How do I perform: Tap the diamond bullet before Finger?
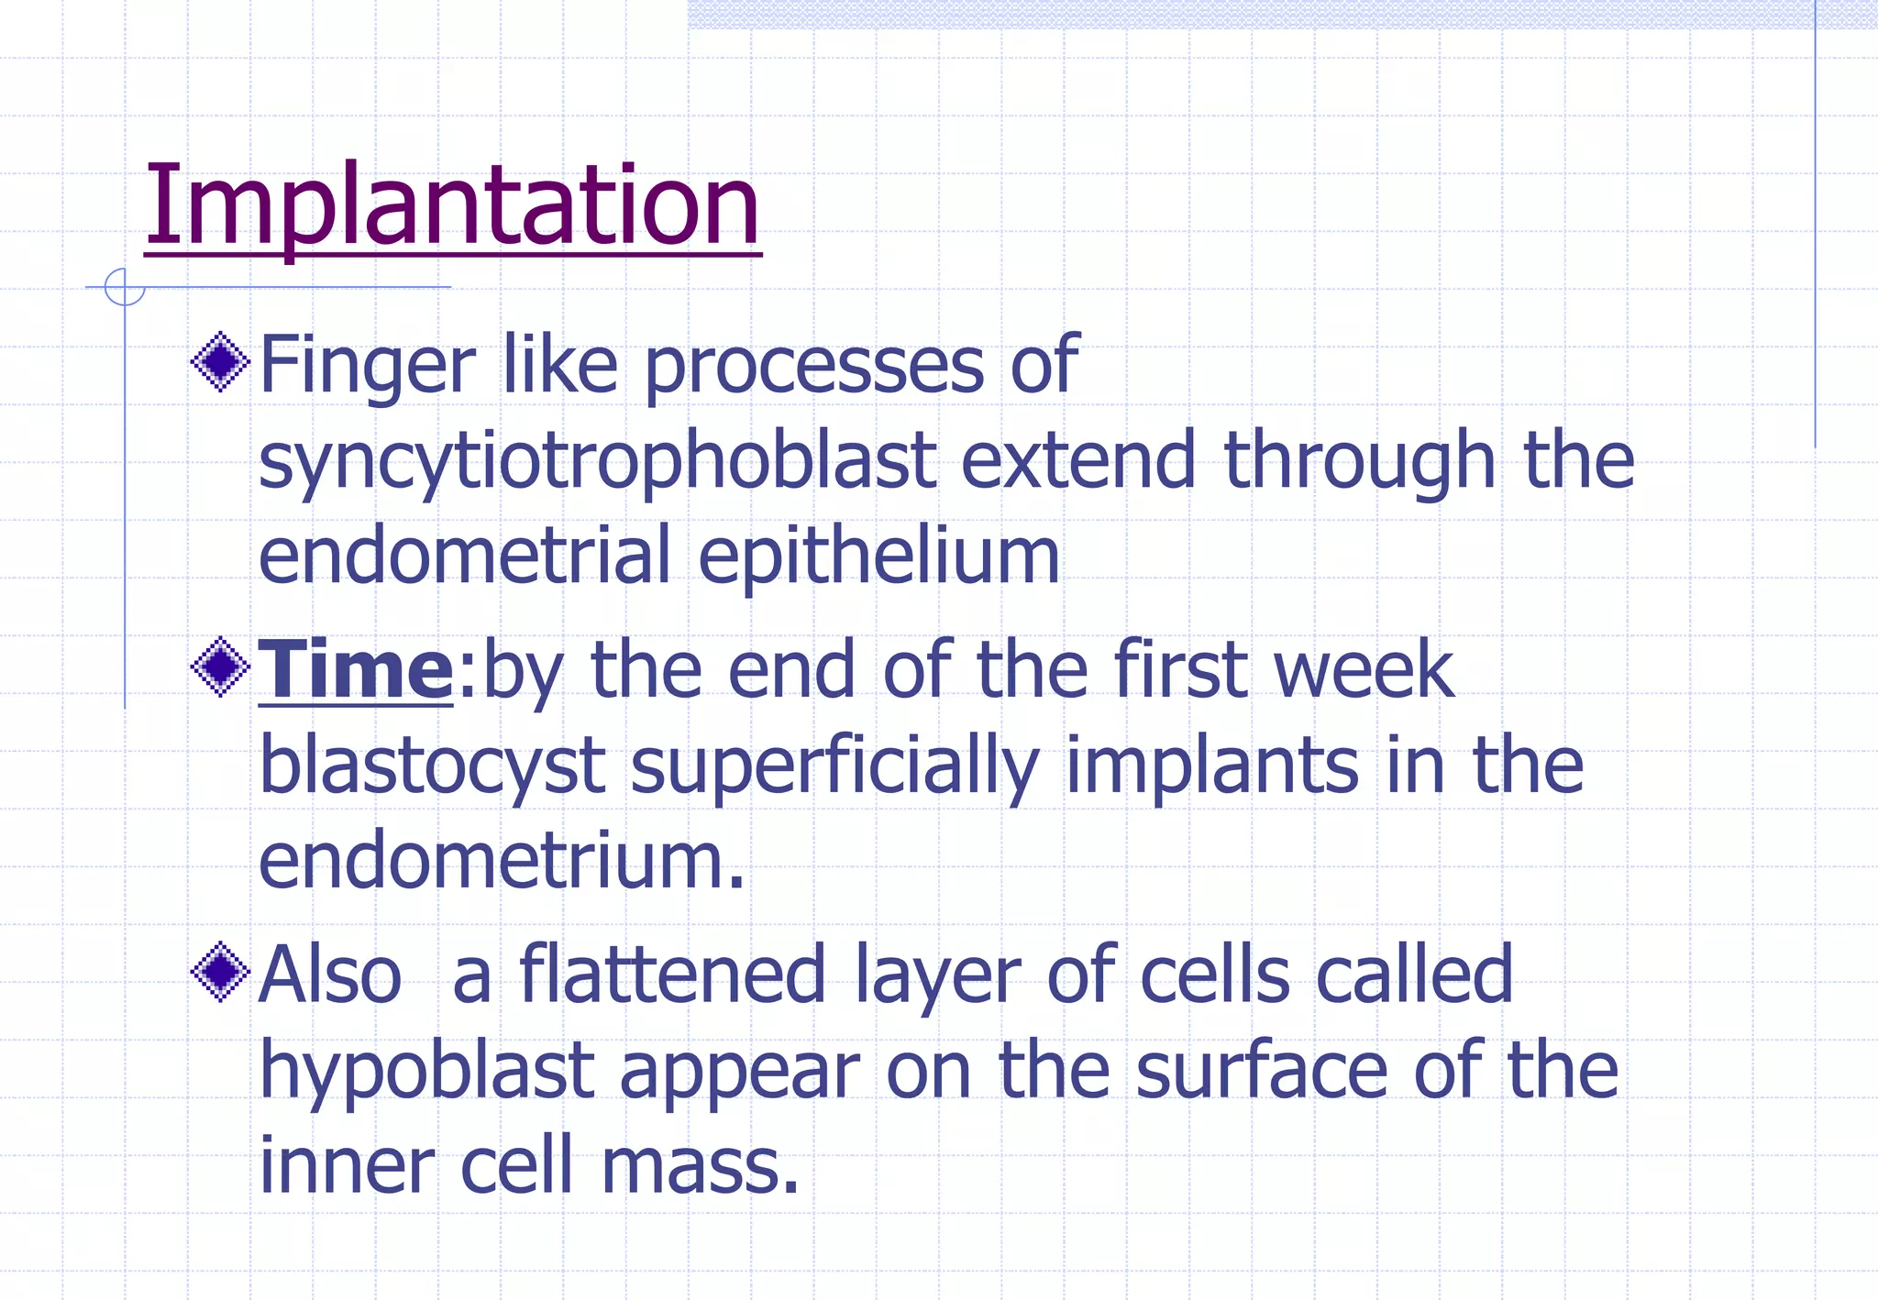pos(220,363)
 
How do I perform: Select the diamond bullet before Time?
pos(220,667)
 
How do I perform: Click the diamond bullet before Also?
pos(220,972)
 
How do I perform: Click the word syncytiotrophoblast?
pos(597,462)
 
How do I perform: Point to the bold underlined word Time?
pos(356,670)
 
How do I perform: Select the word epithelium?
pos(878,556)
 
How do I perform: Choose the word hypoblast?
pos(426,1073)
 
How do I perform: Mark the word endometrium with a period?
pos(502,862)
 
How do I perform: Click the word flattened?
pos(673,975)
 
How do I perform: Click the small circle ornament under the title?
pos(124,287)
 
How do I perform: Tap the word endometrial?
pos(465,556)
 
